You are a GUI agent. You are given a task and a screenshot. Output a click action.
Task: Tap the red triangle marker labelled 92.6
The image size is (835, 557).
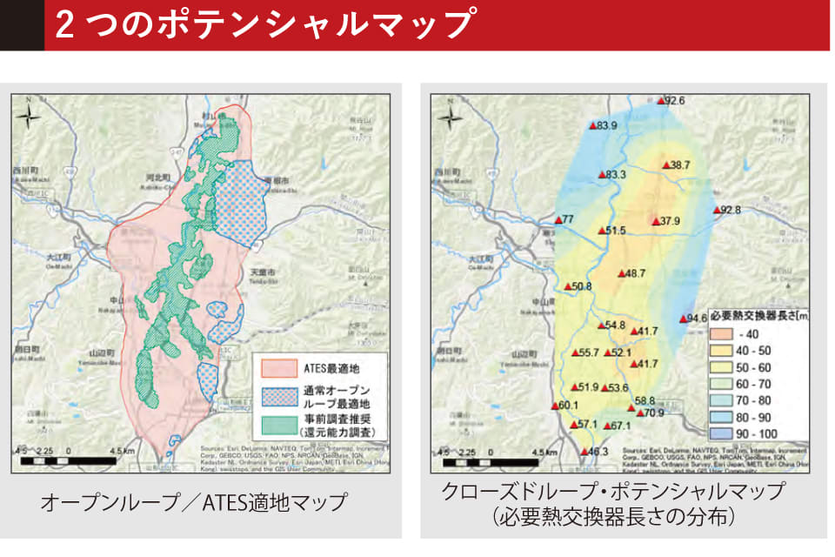(x=662, y=102)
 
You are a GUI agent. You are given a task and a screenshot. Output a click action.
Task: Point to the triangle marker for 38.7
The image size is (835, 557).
(x=665, y=164)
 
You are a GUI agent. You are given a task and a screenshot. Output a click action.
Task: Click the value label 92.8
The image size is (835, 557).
(x=731, y=210)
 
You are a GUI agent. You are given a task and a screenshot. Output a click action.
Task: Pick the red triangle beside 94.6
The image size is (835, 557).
(x=682, y=319)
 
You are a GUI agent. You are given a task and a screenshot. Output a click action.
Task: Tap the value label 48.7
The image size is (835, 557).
(x=636, y=273)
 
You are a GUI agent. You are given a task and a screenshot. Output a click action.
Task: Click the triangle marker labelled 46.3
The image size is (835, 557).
(x=584, y=452)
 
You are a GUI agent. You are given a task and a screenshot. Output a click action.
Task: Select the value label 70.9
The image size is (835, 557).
(x=655, y=413)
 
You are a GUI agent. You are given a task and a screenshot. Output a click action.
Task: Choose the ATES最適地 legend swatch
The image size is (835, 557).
(x=277, y=370)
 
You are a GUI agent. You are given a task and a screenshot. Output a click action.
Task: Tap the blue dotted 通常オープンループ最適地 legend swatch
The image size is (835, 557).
(x=277, y=398)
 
